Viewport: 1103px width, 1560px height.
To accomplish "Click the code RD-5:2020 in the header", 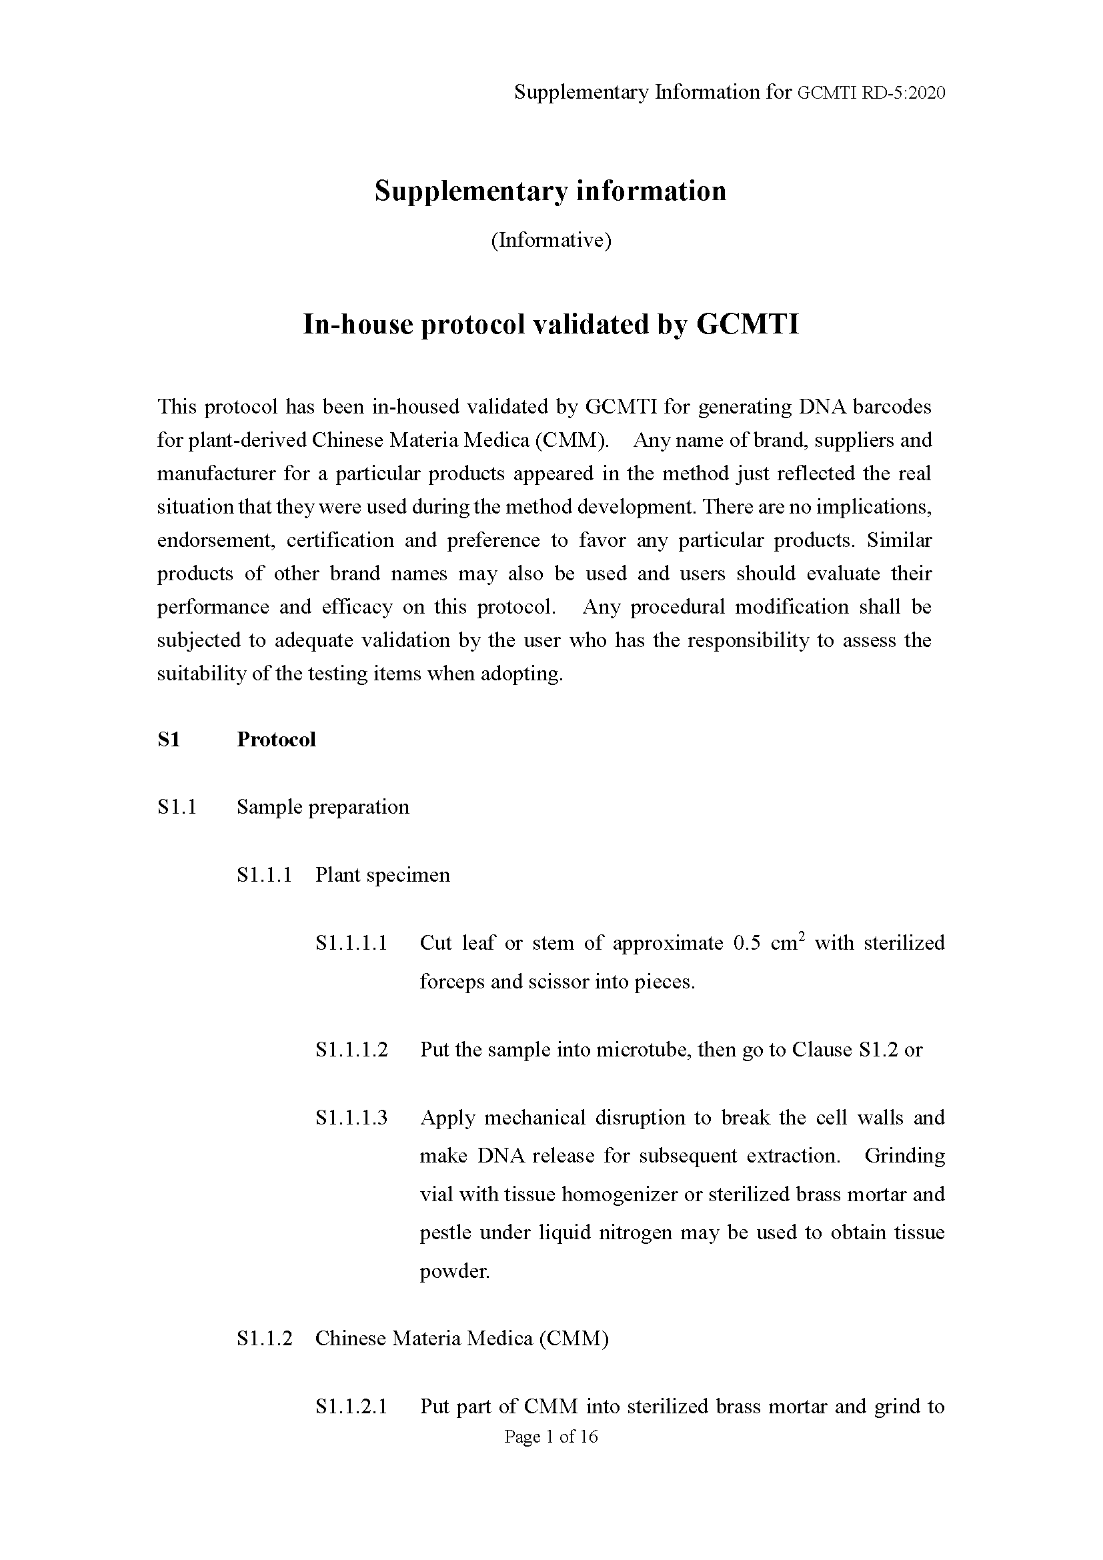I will [x=903, y=93].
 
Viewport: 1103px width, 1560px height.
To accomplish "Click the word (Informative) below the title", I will [x=551, y=240].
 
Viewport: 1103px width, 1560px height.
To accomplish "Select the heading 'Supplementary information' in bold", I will [x=550, y=191].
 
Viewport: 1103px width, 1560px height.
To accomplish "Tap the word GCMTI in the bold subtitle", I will [x=748, y=324].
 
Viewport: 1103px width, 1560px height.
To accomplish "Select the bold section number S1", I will [x=169, y=739].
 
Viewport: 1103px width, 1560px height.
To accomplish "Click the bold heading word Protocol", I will [x=276, y=739].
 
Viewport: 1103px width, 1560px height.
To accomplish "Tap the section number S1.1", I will [x=177, y=806].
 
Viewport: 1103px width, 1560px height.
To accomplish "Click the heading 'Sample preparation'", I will [x=323, y=806].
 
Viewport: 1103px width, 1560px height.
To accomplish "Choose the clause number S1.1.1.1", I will [x=351, y=942].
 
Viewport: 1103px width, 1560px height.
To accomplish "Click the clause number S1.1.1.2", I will [x=351, y=1050].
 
